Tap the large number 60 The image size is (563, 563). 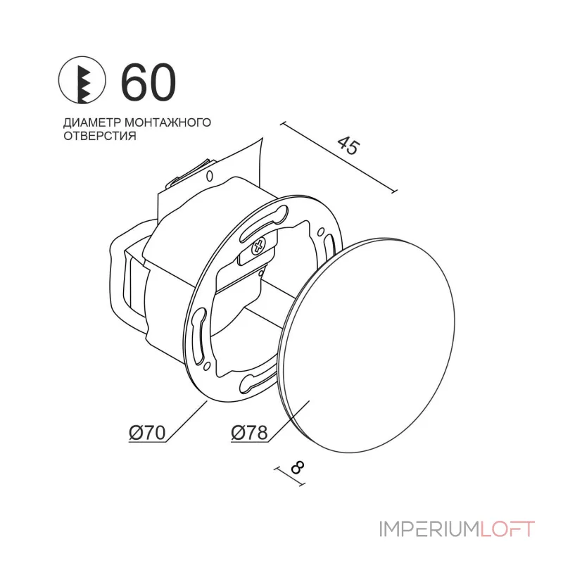point(148,82)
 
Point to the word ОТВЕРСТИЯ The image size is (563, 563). point(100,136)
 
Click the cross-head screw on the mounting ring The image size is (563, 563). point(260,246)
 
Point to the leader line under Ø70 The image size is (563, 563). point(186,422)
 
